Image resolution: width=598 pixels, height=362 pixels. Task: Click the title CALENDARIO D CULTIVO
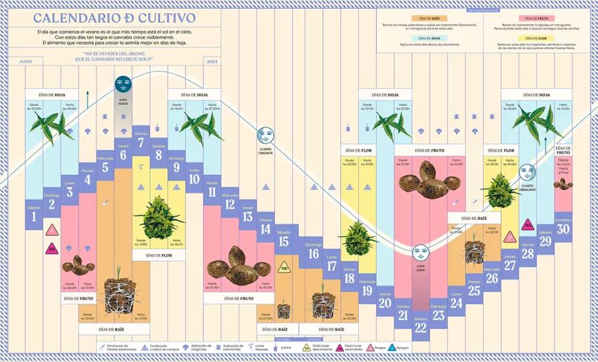point(114,19)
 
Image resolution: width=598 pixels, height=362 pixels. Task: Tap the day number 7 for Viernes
point(141,143)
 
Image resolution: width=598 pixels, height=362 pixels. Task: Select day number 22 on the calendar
point(420,329)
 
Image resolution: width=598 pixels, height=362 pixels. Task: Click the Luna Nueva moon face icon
point(123,85)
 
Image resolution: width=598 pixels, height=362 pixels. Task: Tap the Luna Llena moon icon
point(420,253)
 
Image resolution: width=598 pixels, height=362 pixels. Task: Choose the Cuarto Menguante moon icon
point(527,172)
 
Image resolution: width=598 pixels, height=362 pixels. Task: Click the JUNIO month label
point(25,61)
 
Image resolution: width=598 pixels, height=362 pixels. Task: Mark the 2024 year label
point(212,61)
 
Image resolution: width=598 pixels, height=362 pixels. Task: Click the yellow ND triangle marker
point(283,268)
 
